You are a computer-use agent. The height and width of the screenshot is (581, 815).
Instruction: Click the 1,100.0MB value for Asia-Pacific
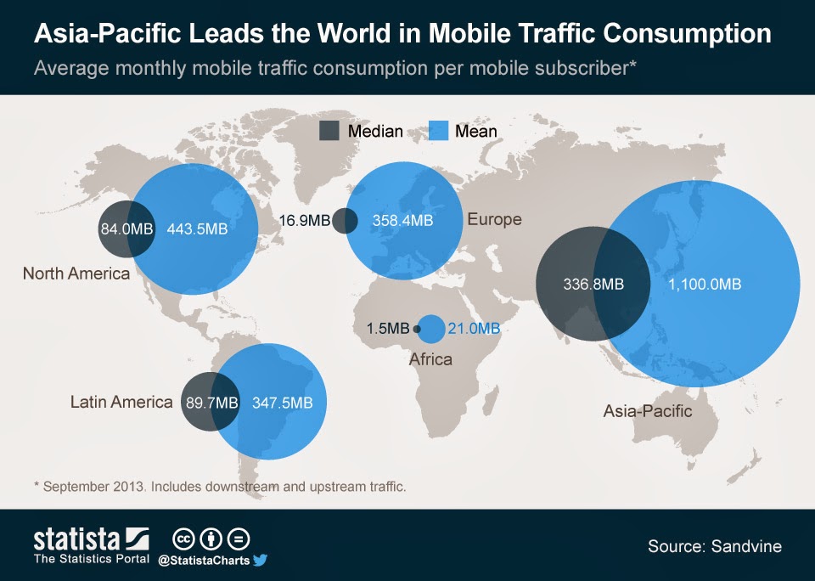pyautogui.click(x=705, y=285)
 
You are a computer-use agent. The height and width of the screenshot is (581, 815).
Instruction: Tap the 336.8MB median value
pyautogui.click(x=593, y=285)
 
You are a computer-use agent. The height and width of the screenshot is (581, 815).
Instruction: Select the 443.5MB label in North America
pyautogui.click(x=198, y=229)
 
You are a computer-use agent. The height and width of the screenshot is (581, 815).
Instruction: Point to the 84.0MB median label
pyautogui.click(x=126, y=229)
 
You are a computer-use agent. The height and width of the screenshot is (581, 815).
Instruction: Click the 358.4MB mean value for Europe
pyautogui.click(x=402, y=220)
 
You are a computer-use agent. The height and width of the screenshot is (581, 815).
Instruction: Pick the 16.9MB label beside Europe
pyautogui.click(x=304, y=220)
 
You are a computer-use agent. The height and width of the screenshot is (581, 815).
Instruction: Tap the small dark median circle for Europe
pyautogui.click(x=345, y=221)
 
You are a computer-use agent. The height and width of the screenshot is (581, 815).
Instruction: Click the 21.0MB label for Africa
pyautogui.click(x=475, y=329)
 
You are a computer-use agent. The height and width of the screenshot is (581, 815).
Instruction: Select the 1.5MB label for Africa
pyautogui.click(x=388, y=329)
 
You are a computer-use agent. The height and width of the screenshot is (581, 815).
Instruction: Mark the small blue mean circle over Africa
pyautogui.click(x=431, y=329)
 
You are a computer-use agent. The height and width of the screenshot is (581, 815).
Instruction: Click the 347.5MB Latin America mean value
pyautogui.click(x=283, y=403)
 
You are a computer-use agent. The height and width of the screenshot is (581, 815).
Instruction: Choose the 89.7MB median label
pyautogui.click(x=211, y=403)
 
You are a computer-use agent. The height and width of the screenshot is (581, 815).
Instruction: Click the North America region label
pyautogui.click(x=76, y=274)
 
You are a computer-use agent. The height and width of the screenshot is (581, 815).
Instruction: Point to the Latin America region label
pyautogui.click(x=121, y=402)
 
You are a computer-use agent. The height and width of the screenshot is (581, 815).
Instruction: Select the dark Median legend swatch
pyautogui.click(x=329, y=131)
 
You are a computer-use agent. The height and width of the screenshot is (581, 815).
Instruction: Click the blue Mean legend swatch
pyautogui.click(x=437, y=131)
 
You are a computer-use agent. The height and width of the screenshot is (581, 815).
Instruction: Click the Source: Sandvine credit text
pyautogui.click(x=714, y=546)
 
